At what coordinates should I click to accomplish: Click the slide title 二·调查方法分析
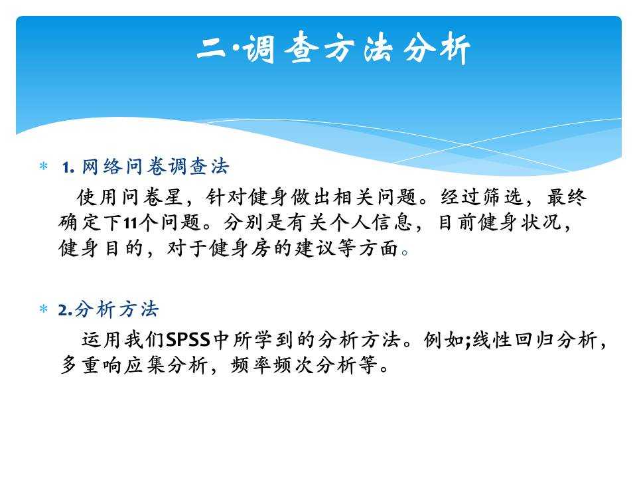coord(334,48)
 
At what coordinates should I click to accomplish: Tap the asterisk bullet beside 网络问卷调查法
coord(44,166)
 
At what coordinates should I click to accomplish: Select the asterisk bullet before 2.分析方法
coord(44,309)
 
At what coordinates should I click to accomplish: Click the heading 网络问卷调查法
coord(155,166)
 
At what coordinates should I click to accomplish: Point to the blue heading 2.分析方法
coord(108,309)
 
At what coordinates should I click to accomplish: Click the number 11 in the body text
coord(131,223)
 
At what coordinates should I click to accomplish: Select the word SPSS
coord(188,340)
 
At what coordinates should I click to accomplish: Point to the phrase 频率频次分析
coord(294,365)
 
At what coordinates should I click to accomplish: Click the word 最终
coord(567,197)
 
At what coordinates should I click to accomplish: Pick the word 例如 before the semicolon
coord(444,340)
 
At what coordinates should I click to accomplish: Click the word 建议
coord(315,248)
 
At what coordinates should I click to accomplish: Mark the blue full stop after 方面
coord(405,252)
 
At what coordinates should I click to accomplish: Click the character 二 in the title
coord(211,48)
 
